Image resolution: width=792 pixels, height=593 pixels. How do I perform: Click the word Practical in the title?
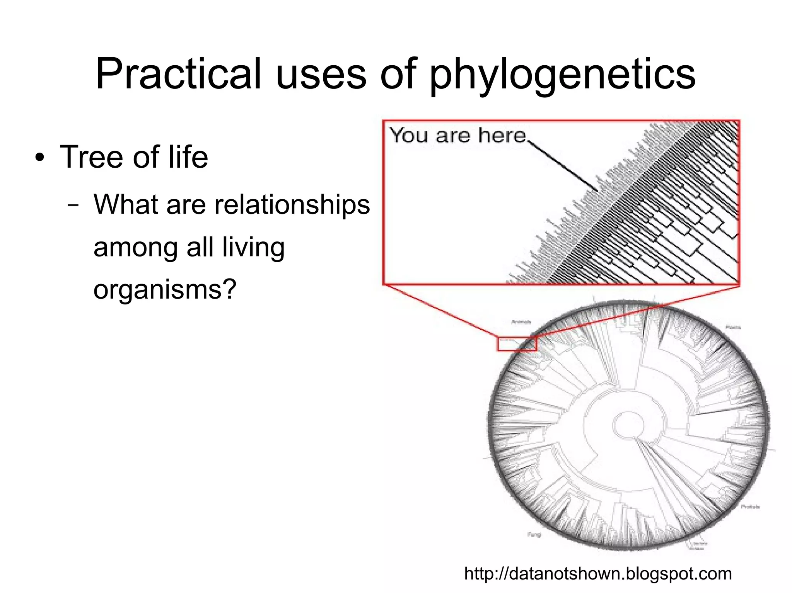[178, 73]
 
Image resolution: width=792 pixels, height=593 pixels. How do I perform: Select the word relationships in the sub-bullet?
[292, 204]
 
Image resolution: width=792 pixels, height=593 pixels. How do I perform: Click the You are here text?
[458, 136]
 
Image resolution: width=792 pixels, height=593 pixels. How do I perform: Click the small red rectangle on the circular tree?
[517, 343]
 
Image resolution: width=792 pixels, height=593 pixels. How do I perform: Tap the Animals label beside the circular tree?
[521, 322]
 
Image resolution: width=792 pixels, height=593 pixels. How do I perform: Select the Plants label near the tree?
[733, 327]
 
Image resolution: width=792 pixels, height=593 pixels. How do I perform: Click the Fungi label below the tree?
[534, 535]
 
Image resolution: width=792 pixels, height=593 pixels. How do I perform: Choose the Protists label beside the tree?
[750, 506]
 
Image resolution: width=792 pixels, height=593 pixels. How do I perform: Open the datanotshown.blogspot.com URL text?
[598, 574]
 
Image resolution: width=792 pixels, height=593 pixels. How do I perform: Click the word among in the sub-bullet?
[135, 247]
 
